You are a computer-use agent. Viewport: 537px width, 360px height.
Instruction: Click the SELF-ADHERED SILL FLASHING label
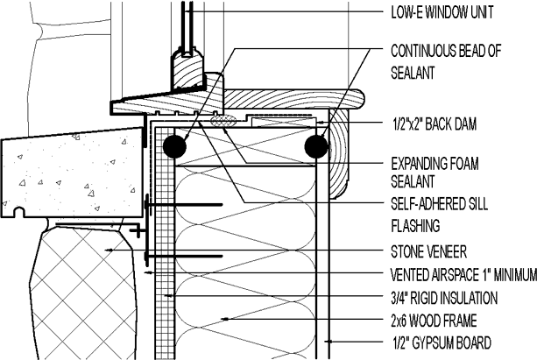435,214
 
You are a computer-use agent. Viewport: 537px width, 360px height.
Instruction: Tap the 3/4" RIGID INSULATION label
443,299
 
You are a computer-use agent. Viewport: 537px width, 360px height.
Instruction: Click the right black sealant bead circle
316,146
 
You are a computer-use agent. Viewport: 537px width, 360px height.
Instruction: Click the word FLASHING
414,225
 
